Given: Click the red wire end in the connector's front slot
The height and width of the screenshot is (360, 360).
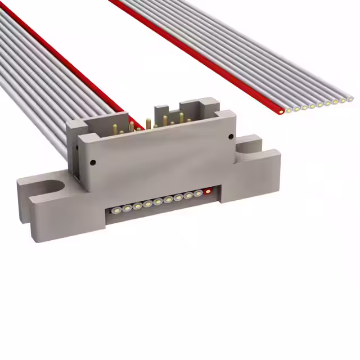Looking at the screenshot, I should [x=209, y=191].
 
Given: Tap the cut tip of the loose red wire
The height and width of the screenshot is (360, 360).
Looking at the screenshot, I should [x=280, y=112].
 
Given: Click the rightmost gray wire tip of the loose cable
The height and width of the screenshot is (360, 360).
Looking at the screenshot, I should [x=350, y=99].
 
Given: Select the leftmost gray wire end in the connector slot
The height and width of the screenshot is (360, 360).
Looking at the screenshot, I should [x=116, y=210].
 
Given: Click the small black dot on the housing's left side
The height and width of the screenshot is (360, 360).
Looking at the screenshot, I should [x=93, y=163].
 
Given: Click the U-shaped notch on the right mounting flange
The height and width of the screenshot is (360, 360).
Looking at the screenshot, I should [x=248, y=147].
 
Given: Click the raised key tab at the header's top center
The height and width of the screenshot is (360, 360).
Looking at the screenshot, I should [x=161, y=110].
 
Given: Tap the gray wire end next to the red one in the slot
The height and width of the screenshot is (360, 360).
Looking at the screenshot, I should [x=198, y=193].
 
